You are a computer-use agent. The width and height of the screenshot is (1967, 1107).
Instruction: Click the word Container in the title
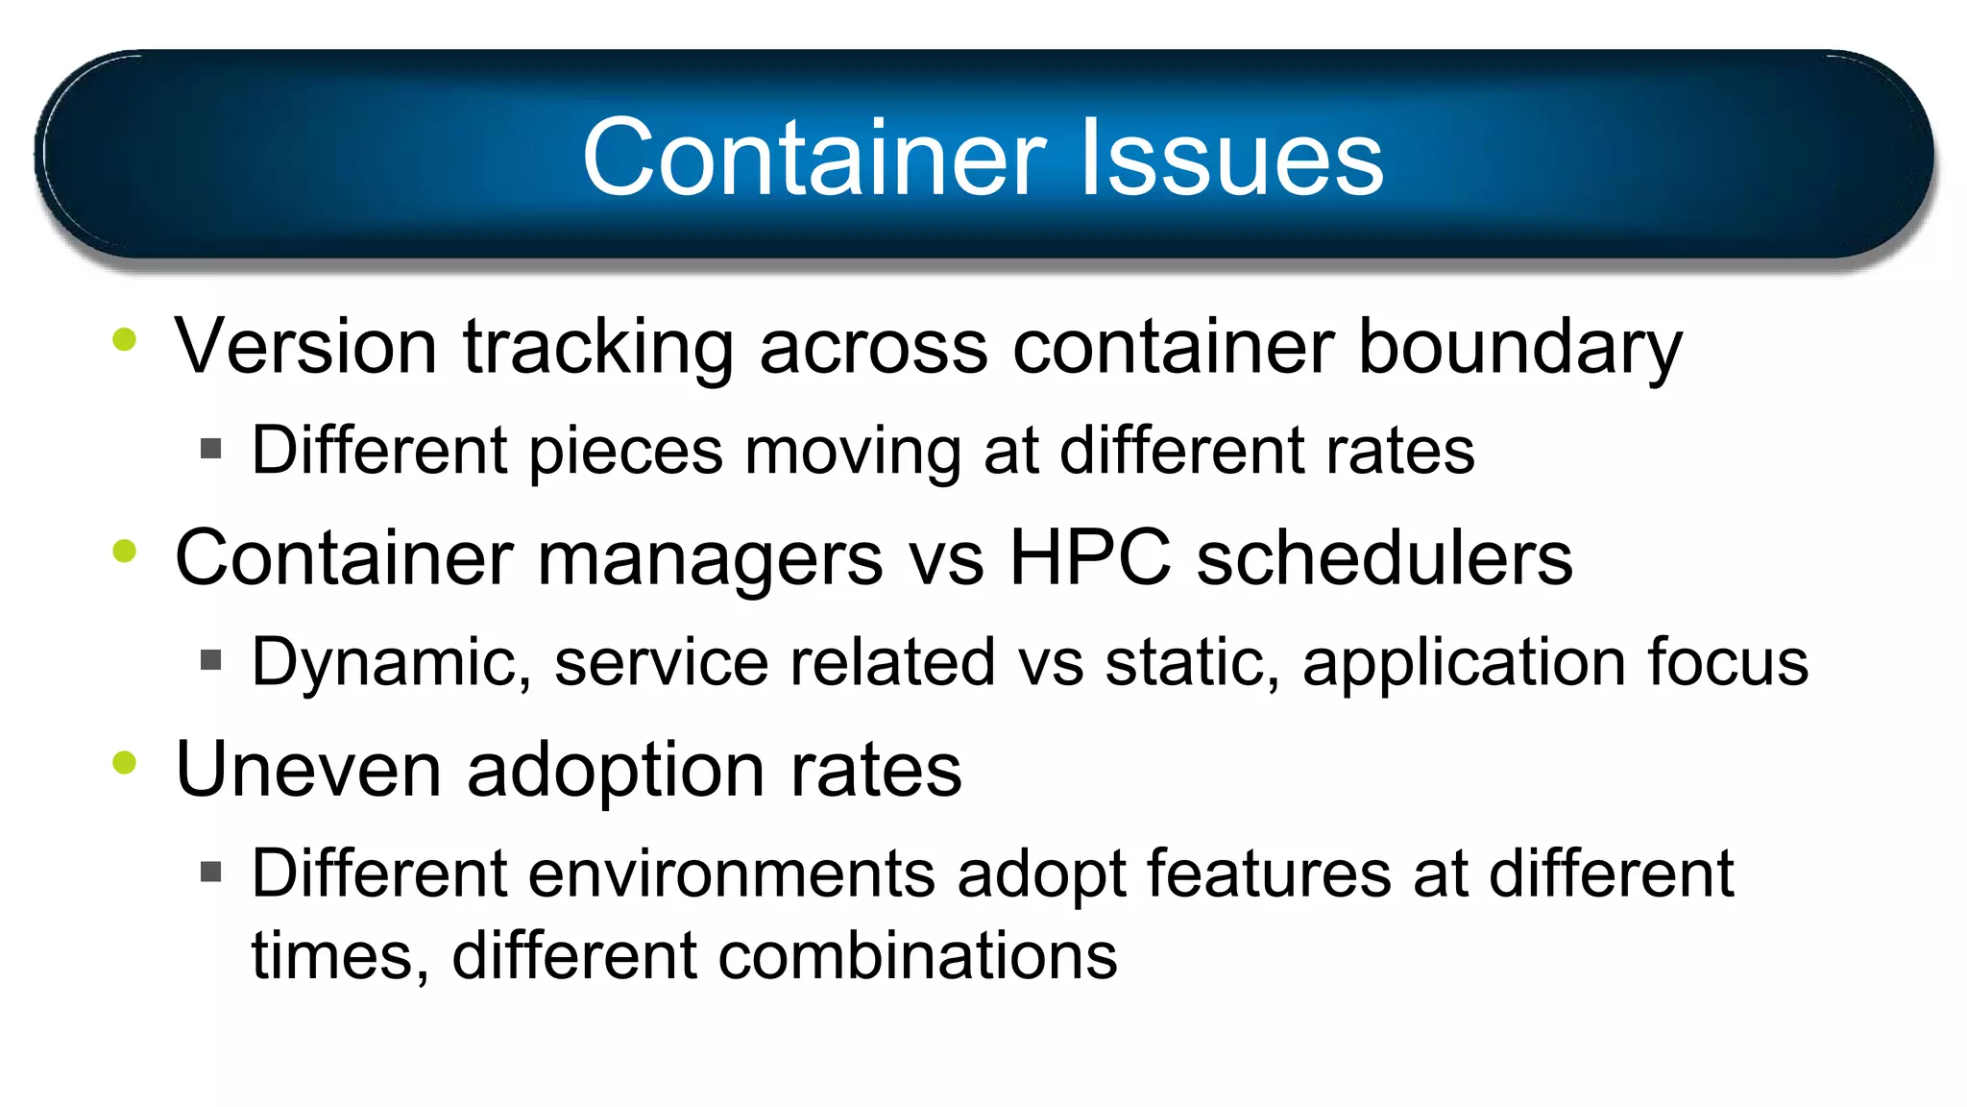point(814,157)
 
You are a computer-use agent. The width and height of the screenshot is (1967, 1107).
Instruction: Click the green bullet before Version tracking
point(125,339)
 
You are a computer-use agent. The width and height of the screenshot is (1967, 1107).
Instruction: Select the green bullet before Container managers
point(125,552)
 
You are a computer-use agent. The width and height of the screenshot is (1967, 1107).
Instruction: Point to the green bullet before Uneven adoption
point(125,763)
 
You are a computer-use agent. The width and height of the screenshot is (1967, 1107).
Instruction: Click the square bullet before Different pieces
point(211,449)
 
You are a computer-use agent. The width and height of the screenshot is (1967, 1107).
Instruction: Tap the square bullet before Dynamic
point(211,660)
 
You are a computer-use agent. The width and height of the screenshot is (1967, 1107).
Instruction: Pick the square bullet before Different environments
point(211,872)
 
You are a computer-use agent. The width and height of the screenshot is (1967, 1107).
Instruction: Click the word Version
point(305,346)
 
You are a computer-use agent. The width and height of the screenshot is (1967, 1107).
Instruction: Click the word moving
point(853,452)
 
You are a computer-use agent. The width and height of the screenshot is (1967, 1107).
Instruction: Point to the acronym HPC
point(1090,557)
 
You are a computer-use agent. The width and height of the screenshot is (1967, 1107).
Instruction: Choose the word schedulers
point(1384,557)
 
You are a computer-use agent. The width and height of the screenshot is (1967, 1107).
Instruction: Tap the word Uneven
point(308,770)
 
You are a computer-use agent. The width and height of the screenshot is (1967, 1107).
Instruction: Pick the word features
point(1268,873)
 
